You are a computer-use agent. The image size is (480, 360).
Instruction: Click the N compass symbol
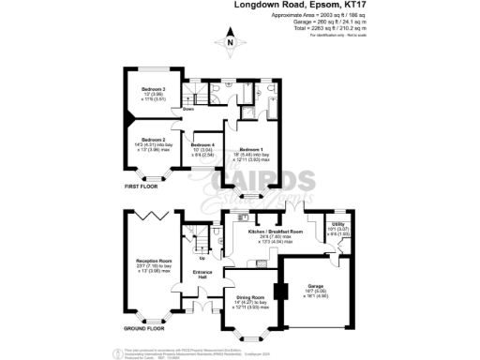click(x=230, y=41)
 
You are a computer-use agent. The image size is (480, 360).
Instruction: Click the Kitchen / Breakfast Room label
click(x=275, y=230)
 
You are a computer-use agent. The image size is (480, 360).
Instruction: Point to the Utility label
click(x=338, y=223)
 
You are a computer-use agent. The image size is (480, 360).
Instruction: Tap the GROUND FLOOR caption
click(x=142, y=329)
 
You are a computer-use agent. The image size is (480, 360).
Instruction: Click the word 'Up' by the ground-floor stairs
click(x=203, y=258)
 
